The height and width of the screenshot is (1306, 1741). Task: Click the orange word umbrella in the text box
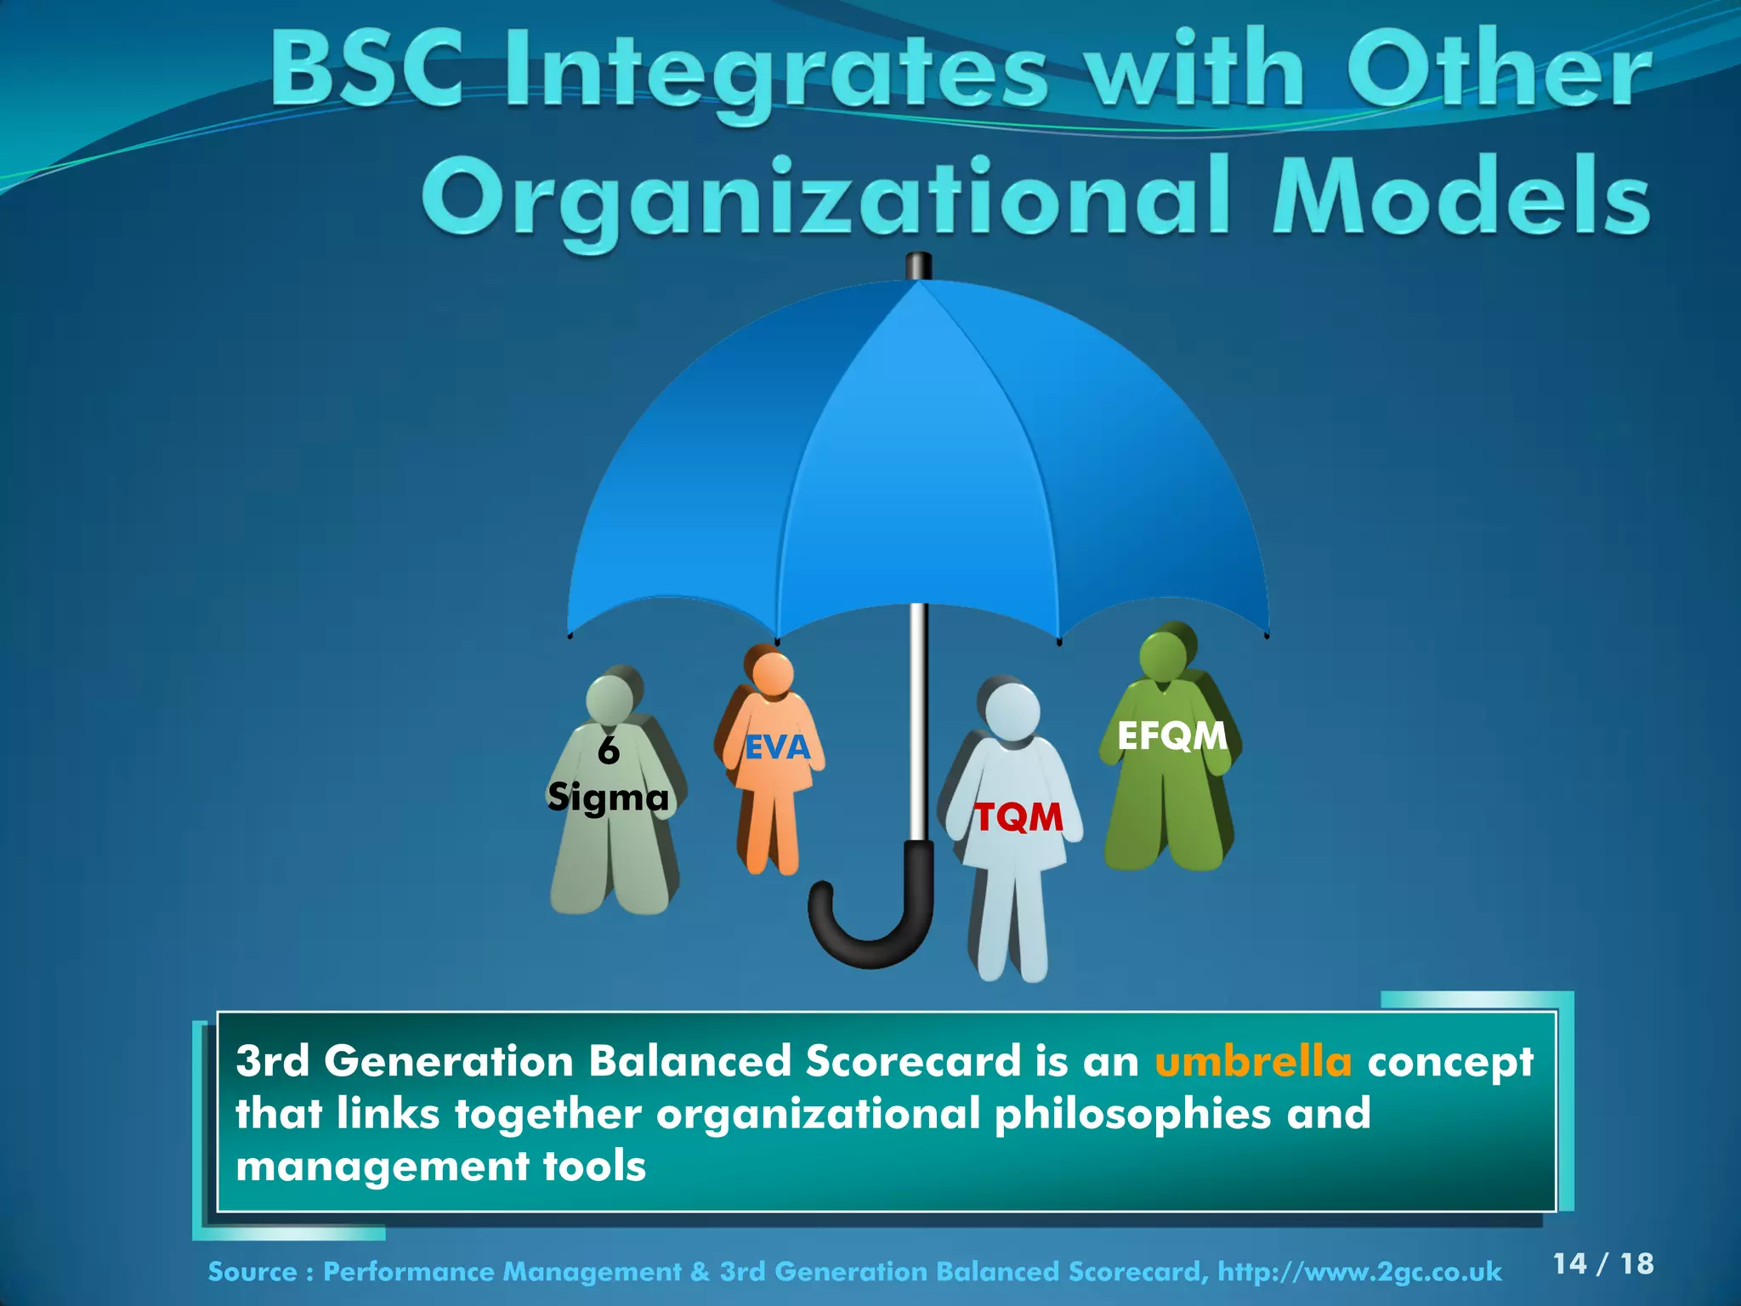tap(1253, 1061)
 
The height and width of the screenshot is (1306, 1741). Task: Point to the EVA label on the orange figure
tap(777, 747)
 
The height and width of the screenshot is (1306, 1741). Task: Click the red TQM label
tap(1018, 818)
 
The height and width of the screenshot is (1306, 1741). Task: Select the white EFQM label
tap(1171, 736)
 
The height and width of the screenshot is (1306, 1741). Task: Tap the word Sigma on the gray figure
tap(609, 798)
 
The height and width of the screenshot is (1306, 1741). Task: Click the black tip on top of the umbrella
tap(919, 266)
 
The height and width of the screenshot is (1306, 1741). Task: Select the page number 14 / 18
tap(1602, 1263)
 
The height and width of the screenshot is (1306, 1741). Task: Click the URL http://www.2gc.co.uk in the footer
tap(1359, 1272)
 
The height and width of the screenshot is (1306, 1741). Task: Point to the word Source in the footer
tap(252, 1272)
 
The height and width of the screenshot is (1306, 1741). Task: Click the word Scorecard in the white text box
tap(913, 1061)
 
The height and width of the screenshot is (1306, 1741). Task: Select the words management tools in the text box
tap(440, 1166)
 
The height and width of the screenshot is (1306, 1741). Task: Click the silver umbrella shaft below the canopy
tap(918, 723)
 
